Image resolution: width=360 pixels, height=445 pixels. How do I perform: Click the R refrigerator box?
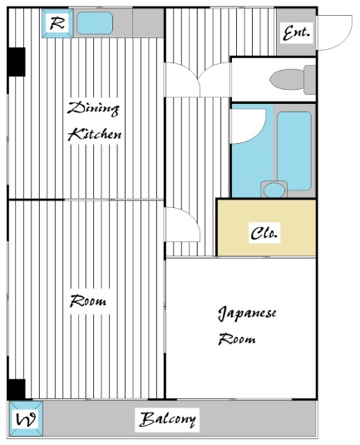pos(57,23)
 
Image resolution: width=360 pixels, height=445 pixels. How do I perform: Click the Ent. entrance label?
pos(296,34)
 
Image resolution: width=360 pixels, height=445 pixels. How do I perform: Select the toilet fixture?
pos(290,80)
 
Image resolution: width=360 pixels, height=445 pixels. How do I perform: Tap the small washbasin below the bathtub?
pos(272,189)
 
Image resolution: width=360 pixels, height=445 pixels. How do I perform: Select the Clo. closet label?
pos(265,234)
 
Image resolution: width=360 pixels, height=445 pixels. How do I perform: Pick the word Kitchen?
pos(95,134)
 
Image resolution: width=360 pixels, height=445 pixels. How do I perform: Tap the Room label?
pos(87,301)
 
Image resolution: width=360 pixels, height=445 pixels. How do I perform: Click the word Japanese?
pos(247,314)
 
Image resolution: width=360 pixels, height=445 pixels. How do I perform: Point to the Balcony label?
pos(168,419)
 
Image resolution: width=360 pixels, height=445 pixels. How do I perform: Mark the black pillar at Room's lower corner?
pos(17,388)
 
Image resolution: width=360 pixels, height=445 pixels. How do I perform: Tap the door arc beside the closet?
pos(181,226)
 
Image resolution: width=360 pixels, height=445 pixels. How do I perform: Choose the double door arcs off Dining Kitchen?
pos(184,81)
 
